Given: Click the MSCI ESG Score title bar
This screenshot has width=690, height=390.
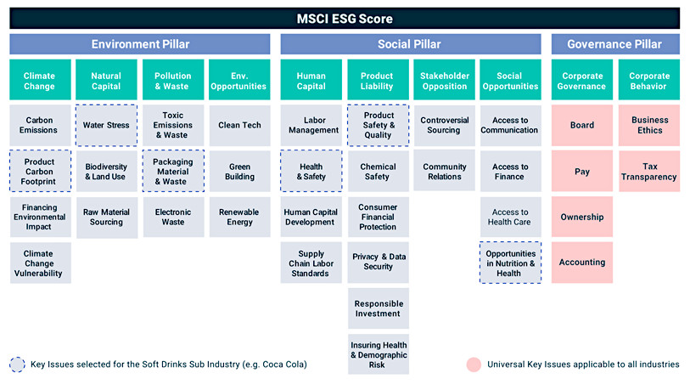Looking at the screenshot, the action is pos(345,19).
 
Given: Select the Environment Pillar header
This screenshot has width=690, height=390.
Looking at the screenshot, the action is pos(140,44).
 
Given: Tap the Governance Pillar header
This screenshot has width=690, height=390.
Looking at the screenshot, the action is pos(615,44).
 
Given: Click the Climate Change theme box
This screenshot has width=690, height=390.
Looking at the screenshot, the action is pos(40,80).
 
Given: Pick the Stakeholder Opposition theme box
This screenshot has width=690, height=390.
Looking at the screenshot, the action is pos(445,80).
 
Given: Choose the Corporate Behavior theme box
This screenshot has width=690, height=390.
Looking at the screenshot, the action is pos(649,80).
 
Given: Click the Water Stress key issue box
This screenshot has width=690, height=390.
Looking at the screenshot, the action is pos(106,125).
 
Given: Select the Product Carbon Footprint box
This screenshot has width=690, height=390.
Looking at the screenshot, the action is pos(40,171).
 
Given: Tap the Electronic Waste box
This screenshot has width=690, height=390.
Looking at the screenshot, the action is pos(173,218).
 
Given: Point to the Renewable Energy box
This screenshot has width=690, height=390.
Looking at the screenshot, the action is pos(240,218).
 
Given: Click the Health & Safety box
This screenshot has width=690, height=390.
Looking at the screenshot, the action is pos(311,171).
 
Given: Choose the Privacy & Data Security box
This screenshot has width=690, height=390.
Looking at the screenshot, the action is pos(379,263).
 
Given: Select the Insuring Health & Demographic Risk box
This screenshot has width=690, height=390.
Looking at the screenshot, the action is pos(379,354).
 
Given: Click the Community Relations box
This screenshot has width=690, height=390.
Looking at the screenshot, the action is pos(445,171).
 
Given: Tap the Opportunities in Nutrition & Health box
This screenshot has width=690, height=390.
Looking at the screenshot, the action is pos(510,263).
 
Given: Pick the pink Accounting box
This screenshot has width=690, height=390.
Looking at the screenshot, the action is pos(581,263).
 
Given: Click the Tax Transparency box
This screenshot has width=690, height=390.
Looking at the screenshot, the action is pos(649,171).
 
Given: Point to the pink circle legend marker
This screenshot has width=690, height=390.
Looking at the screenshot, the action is pos(474,365).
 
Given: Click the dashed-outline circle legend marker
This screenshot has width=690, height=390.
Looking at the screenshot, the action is pos(17,365).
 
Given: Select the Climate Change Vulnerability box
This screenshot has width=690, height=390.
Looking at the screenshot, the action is pos(40,263).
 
